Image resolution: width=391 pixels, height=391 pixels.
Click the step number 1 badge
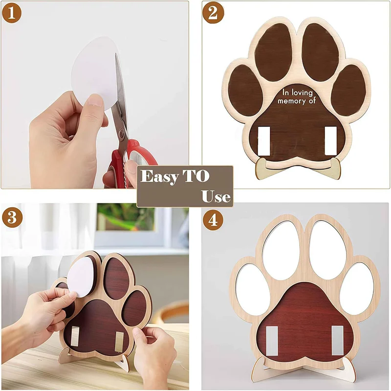[12, 13]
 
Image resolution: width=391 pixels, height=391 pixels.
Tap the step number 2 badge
[213, 13]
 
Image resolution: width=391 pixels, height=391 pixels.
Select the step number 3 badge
[12, 217]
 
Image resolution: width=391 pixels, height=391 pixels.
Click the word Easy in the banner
[159, 176]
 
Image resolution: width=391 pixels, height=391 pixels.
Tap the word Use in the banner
[216, 196]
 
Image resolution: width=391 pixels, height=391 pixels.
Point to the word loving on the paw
[302, 93]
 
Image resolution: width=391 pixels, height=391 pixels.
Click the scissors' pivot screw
[122, 132]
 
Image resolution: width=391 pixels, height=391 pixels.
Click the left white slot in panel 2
[264, 141]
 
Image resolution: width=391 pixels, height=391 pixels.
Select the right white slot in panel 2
[331, 141]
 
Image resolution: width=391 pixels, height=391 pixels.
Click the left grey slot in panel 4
[272, 340]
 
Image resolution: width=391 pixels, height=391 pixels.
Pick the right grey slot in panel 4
[337, 340]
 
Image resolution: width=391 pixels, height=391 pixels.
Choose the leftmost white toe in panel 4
[252, 286]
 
